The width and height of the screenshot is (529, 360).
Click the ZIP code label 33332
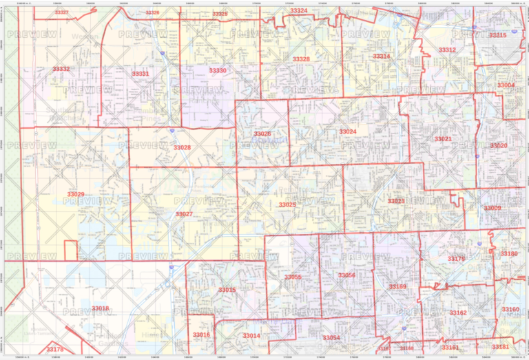(x=61, y=70)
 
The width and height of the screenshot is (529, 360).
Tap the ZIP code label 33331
(x=141, y=73)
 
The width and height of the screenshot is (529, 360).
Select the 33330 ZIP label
(x=218, y=71)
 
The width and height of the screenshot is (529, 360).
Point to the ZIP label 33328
(x=301, y=59)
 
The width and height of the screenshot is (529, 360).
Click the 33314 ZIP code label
(x=381, y=56)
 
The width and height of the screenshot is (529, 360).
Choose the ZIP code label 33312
(x=447, y=50)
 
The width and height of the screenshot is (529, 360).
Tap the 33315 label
(x=497, y=35)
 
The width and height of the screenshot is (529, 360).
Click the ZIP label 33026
(x=262, y=134)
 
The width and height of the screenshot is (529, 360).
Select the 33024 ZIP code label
(x=348, y=131)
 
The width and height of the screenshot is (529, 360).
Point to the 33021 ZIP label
(x=443, y=139)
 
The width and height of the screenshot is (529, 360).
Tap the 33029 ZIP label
(x=76, y=195)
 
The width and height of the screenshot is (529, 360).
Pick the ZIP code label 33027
(x=184, y=214)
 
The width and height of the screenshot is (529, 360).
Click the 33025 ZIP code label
(x=287, y=204)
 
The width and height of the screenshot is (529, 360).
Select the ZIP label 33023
(x=396, y=201)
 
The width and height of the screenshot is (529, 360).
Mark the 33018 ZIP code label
(x=101, y=308)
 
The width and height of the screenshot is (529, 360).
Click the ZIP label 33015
(x=227, y=290)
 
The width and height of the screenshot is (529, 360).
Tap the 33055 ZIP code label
(x=293, y=277)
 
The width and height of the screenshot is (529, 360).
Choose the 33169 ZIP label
(x=397, y=286)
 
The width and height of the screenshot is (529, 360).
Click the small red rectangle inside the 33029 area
(x=71, y=251)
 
